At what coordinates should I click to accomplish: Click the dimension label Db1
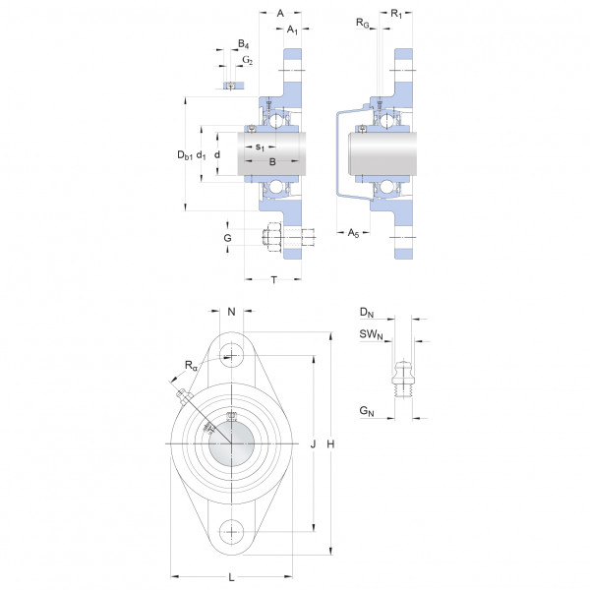(x=185, y=155)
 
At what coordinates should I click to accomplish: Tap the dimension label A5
(x=353, y=233)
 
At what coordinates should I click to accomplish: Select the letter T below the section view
(x=274, y=280)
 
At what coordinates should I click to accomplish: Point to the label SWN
(x=371, y=334)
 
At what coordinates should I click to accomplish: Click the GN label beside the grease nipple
(x=367, y=411)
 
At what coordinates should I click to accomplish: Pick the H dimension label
(x=330, y=444)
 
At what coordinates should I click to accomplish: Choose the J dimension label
(x=313, y=444)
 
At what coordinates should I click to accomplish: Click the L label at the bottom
(x=231, y=577)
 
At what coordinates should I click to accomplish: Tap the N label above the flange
(x=231, y=312)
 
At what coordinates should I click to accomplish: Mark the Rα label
(x=191, y=366)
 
